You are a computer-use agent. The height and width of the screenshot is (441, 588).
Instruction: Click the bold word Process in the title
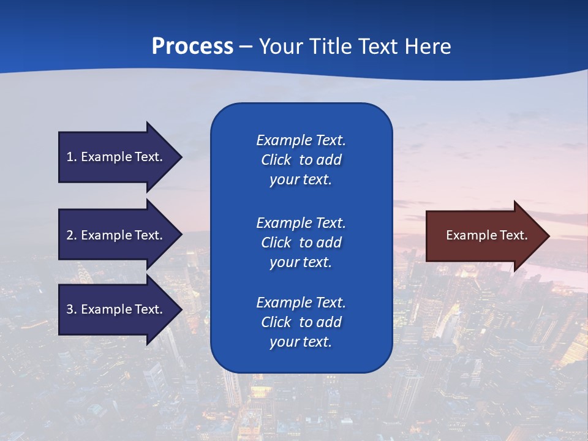coord(192,47)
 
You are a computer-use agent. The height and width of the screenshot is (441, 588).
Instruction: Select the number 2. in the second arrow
coord(71,235)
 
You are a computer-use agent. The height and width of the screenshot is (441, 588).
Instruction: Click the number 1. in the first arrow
coord(71,157)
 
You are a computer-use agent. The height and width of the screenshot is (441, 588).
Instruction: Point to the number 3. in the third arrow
coord(71,309)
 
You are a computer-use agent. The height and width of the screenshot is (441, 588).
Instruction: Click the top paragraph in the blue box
coord(301,160)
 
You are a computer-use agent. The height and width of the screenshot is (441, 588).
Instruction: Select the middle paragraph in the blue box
coord(301,242)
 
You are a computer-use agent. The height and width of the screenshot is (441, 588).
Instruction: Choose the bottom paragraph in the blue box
coord(301,322)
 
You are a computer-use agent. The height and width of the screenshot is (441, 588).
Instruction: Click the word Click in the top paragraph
coord(276,160)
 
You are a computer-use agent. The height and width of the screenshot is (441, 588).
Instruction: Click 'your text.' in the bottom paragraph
coord(301,342)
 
